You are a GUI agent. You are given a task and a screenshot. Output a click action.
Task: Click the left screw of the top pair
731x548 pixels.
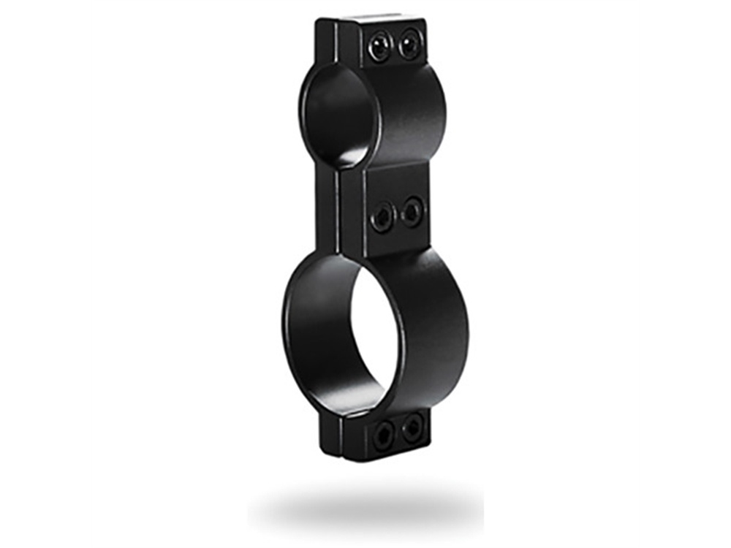379,47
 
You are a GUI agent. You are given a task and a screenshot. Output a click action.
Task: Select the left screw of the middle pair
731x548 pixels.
382,217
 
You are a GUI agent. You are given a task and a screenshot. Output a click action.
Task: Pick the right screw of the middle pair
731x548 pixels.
412,212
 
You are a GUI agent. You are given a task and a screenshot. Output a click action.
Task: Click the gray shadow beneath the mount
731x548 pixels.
365,504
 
